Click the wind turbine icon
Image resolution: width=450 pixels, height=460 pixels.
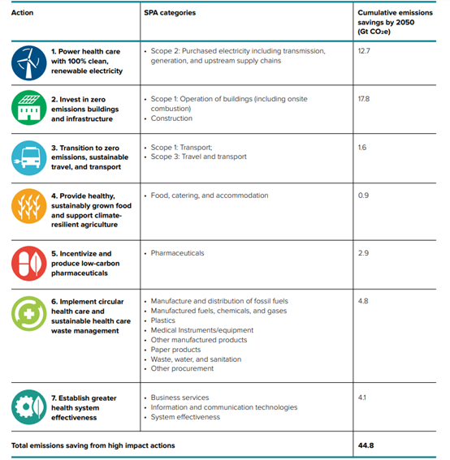pos(28,62)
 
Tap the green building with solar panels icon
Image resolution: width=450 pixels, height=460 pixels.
pos(28,108)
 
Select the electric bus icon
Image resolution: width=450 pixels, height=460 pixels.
pos(28,158)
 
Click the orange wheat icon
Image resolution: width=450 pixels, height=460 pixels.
pos(28,206)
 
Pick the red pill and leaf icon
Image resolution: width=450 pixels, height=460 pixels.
pos(28,264)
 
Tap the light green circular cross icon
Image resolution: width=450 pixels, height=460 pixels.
pos(28,314)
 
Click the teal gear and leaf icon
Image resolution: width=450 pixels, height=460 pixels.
pos(28,407)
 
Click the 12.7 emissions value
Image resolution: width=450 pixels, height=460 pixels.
pos(364,51)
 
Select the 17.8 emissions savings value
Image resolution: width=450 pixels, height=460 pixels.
pos(364,99)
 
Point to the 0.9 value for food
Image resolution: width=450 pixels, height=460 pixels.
pos(363,196)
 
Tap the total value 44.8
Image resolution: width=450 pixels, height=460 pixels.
pos(366,445)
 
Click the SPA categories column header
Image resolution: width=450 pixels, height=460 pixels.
pos(170,13)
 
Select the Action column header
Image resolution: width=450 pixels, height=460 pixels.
pos(22,13)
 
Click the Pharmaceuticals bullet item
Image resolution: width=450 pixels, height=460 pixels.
pos(177,253)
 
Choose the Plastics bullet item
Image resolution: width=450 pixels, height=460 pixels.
pos(163,320)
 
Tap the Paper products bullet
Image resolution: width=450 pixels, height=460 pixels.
pos(175,350)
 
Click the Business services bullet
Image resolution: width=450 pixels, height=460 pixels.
pos(180,398)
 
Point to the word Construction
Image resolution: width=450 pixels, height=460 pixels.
pos(171,118)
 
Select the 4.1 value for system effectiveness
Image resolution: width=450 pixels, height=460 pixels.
pos(362,398)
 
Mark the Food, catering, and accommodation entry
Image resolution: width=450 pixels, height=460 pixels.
pos(210,196)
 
